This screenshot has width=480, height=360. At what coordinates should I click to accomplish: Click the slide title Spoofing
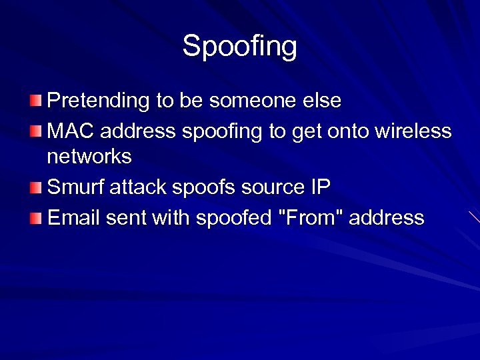(240, 47)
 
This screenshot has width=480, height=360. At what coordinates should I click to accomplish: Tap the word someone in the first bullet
(255, 101)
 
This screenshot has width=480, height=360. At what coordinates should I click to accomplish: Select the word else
(323, 101)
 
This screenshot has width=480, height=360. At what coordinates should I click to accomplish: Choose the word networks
(89, 157)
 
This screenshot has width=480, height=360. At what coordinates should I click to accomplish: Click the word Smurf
(71, 187)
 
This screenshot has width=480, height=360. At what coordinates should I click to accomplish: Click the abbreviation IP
(320, 187)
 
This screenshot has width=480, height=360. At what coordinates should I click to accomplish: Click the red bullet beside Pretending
(35, 101)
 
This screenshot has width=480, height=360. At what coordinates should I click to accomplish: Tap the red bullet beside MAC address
(35, 131)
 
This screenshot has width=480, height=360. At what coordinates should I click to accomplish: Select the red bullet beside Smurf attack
(35, 187)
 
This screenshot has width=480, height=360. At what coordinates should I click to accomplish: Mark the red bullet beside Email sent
(35, 217)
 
